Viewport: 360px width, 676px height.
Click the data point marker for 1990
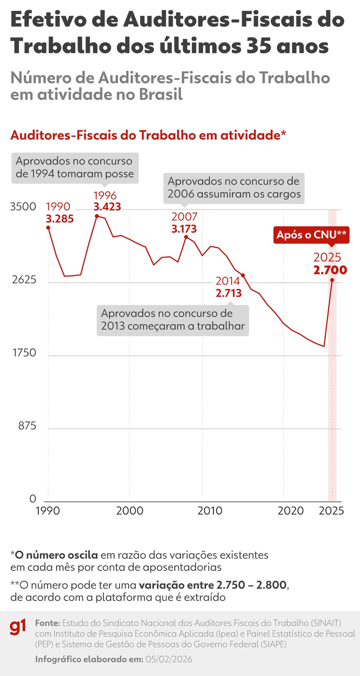(48, 228)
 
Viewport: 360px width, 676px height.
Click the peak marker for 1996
(97, 216)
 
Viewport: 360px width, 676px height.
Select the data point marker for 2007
(186, 237)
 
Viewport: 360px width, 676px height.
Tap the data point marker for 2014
(243, 275)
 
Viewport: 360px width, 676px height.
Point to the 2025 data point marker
(332, 280)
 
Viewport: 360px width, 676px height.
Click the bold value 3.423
(107, 207)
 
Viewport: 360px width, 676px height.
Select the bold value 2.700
(330, 270)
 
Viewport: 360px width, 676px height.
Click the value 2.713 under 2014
(229, 293)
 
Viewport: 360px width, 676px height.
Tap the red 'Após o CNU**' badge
(311, 235)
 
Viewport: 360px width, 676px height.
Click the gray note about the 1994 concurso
(75, 168)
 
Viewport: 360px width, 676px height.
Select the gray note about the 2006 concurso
(234, 188)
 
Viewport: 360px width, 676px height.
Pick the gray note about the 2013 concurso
(173, 320)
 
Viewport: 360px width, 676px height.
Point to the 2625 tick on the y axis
(24, 280)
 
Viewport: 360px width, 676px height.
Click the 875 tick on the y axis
(27, 426)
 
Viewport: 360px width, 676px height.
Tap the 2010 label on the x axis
(210, 511)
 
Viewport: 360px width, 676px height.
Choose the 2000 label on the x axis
(130, 511)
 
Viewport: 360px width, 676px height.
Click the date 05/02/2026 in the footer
(169, 660)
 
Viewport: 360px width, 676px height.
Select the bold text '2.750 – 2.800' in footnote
(251, 585)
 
